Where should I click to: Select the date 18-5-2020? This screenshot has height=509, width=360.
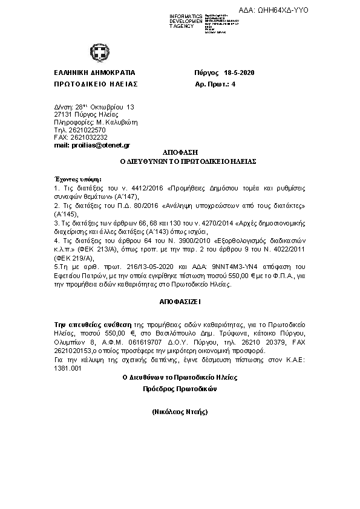point(239,73)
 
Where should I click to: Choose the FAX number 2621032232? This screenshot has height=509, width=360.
point(88,137)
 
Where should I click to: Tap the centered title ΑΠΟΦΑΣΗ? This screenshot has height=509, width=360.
point(180,154)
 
